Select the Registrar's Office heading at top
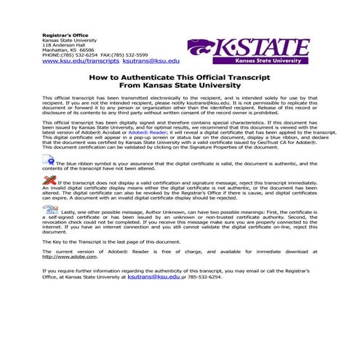point(65,33)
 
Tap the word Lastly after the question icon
point(70,210)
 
